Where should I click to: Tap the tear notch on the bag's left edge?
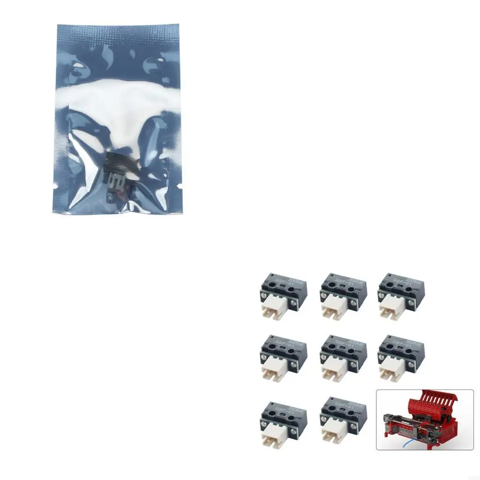(55, 187)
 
